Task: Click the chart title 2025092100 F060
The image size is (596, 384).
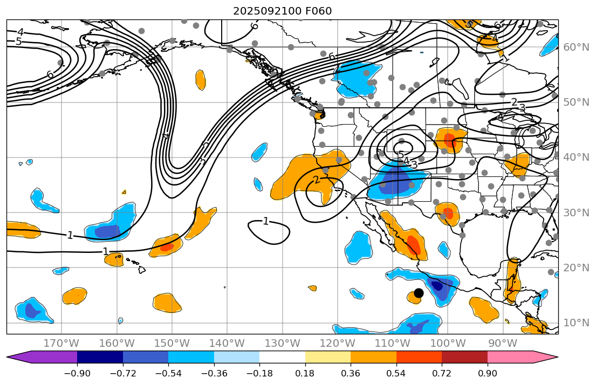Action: point(282,11)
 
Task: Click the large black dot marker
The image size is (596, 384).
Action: point(419,293)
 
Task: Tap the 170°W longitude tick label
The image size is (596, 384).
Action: point(61,343)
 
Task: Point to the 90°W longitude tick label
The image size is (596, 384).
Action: point(503,343)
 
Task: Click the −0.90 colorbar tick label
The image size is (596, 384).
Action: point(77,374)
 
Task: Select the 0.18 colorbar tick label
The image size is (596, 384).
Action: point(305,374)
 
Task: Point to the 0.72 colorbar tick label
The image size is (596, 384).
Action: point(441,374)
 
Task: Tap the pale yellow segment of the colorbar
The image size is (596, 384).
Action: point(327,357)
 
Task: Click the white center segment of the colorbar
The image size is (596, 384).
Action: point(282,357)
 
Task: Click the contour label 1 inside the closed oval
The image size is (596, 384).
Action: point(265,221)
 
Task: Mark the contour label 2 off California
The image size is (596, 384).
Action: point(317,180)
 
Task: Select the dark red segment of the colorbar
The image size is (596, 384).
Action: point(464,357)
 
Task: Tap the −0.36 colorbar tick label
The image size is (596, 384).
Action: point(214,374)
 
